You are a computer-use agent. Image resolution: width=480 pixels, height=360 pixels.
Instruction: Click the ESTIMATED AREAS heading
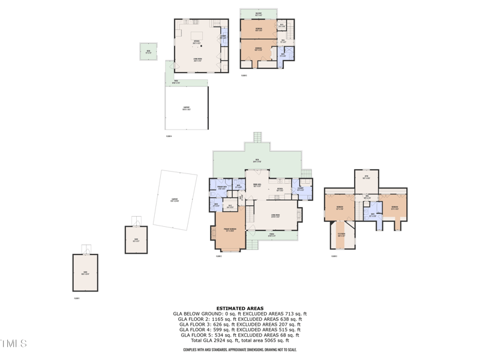pyautogui.click(x=239, y=308)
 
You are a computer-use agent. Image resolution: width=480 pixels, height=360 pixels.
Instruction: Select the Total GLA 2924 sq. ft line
pyautogui.click(x=239, y=340)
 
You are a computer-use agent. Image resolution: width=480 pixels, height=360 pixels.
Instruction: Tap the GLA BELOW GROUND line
pyautogui.click(x=239, y=314)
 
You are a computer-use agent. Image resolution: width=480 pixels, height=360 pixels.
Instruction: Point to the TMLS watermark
pyautogui.click(x=14, y=344)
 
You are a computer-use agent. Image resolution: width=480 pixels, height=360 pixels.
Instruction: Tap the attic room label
pyautogui.click(x=366, y=178)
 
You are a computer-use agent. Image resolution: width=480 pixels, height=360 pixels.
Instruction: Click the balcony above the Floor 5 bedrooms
pyautogui.click(x=258, y=14)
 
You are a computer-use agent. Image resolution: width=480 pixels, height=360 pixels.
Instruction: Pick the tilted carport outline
pyautogui.click(x=175, y=200)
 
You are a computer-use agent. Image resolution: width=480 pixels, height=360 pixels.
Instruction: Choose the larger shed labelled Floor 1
pyautogui.click(x=85, y=273)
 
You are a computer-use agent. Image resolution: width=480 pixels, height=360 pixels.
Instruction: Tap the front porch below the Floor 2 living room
pyautogui.click(x=271, y=236)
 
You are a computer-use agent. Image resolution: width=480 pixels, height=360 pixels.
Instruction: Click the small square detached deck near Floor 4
pyautogui.click(x=148, y=52)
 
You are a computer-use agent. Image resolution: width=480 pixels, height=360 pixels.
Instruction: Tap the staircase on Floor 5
pyautogui.click(x=290, y=28)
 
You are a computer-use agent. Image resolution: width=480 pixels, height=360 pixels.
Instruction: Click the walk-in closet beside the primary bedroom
pyautogui.click(x=230, y=206)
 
